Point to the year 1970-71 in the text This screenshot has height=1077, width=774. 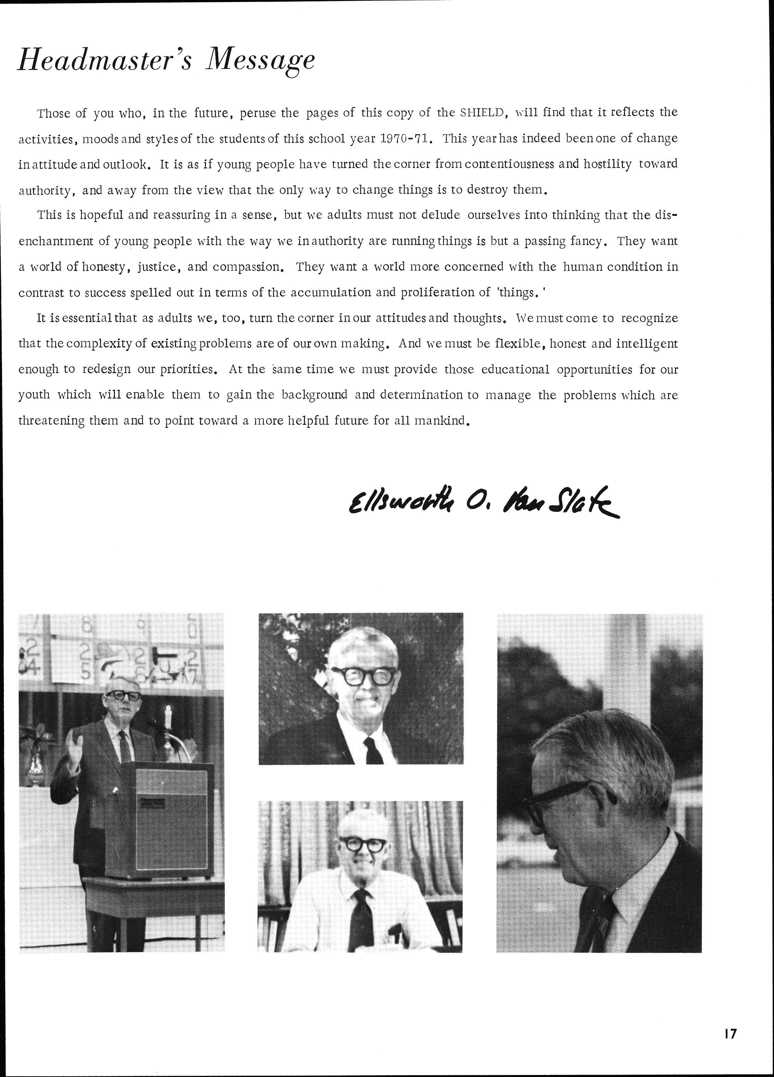[406, 139]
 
